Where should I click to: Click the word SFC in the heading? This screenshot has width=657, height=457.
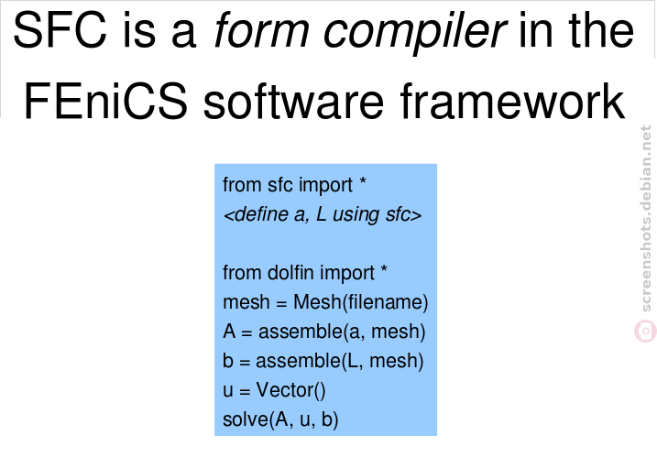tap(60, 30)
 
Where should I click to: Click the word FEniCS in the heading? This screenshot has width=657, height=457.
tap(105, 102)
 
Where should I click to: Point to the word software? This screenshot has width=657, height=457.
tap(293, 102)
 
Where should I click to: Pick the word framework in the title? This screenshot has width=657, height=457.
tap(512, 102)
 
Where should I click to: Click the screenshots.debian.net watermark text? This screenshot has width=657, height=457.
tap(646, 218)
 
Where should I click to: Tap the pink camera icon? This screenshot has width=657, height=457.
tap(645, 331)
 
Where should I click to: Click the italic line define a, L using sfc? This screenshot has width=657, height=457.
tap(323, 214)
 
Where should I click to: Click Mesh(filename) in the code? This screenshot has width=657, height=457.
tap(361, 302)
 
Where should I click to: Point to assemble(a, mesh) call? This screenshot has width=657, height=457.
tap(342, 332)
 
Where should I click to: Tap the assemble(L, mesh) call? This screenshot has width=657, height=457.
tap(340, 361)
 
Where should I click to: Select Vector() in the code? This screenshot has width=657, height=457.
tap(290, 390)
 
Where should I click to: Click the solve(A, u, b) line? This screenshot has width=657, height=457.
tap(280, 419)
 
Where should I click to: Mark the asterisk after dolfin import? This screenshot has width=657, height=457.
tap(383, 269)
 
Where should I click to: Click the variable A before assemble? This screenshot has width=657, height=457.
tap(229, 332)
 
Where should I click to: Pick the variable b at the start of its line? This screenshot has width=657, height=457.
tap(228, 361)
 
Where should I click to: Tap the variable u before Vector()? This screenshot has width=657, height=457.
tap(228, 391)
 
